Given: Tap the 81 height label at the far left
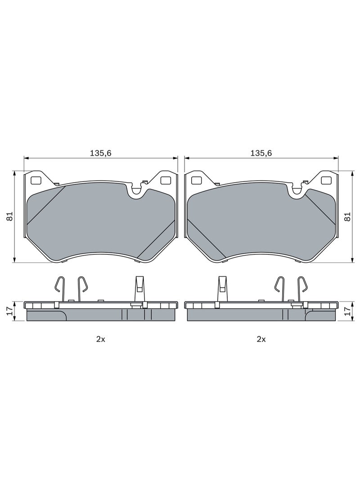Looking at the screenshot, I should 9,216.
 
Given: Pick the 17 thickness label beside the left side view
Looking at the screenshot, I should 9,311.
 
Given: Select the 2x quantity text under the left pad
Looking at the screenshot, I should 100,339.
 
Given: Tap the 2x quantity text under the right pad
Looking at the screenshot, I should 261,339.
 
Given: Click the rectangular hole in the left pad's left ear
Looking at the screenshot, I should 35,180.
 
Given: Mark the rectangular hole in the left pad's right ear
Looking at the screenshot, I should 166,180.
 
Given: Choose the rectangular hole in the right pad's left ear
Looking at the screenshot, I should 196,180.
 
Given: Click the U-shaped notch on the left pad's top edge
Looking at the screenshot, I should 136,191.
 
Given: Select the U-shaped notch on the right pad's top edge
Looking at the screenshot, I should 297,191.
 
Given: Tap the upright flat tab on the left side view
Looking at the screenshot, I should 139,288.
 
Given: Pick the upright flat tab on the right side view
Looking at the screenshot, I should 222,288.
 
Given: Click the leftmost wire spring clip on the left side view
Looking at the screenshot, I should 59,288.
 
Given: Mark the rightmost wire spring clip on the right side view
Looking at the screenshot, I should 302,288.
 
